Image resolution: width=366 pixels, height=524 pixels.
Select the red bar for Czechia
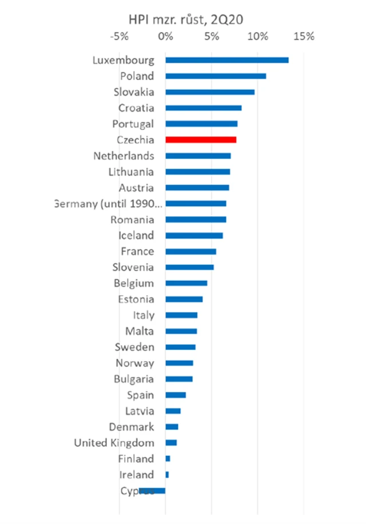point(201,140)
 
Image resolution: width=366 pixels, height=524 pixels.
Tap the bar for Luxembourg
point(227,60)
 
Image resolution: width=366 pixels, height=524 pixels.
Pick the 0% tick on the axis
point(165,37)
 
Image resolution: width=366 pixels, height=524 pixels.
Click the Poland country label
point(137,76)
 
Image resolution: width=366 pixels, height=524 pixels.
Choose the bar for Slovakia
point(210,92)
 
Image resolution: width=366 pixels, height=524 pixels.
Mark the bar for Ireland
point(167,474)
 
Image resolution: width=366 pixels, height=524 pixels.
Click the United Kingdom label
point(114,443)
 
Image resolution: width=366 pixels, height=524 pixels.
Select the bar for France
point(190,251)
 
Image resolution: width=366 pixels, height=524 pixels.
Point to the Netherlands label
point(124,156)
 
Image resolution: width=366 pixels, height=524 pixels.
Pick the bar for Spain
point(176,395)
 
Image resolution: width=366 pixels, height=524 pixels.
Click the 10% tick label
point(258,37)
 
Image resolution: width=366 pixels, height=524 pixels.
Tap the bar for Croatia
point(204,108)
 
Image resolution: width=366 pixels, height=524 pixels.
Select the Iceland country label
point(136,235)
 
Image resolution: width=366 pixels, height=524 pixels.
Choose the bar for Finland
point(168,458)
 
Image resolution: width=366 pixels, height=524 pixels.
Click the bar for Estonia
point(184,299)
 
